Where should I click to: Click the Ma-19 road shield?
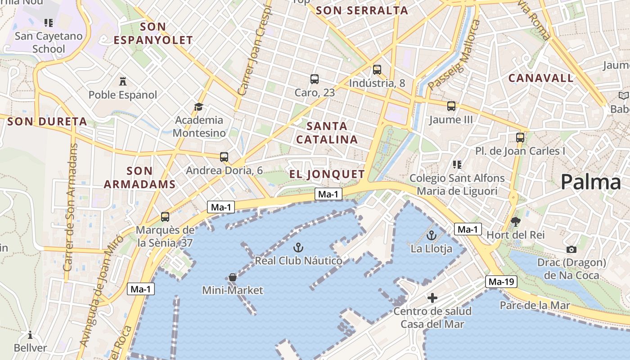501,282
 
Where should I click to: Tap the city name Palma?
590,182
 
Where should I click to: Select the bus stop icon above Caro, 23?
315,79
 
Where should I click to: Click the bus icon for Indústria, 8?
377,70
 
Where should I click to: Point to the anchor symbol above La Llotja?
432,235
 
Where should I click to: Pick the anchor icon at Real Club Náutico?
298,247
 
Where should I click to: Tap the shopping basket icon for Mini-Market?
233,277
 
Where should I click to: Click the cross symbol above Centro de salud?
432,298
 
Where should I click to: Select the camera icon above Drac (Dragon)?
571,249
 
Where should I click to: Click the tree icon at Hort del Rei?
516,221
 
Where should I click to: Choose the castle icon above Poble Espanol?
122,81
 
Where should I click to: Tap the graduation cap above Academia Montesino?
198,107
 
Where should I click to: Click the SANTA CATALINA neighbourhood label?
327,132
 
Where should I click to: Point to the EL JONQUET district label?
327,174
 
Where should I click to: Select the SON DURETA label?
47,121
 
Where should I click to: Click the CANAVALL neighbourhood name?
541,78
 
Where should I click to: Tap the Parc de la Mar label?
535,306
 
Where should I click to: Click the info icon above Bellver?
30,335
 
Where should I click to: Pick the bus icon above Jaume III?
451,106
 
